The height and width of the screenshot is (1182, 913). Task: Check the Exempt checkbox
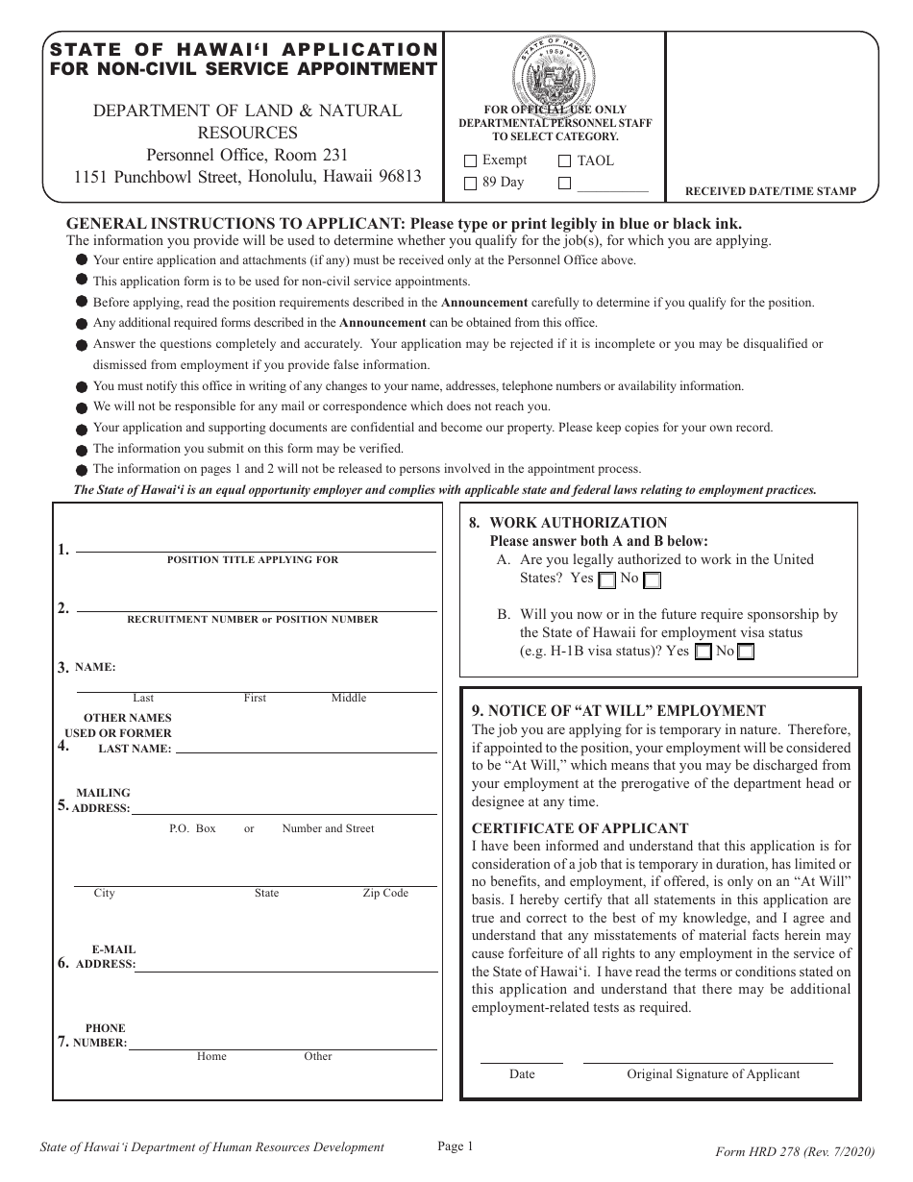point(470,161)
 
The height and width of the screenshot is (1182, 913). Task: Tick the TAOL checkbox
point(564,161)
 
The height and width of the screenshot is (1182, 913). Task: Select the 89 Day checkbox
point(470,183)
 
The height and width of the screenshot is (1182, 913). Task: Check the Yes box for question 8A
point(607,580)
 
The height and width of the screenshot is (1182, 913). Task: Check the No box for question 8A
point(652,580)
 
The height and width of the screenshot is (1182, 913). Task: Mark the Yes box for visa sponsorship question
point(703,653)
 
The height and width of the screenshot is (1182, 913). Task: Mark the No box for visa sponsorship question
point(746,653)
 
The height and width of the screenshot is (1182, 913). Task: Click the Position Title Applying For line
point(256,551)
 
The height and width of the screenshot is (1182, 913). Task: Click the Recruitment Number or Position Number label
point(253,620)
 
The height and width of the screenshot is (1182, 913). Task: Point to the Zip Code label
point(385,894)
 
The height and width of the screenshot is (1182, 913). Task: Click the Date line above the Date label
point(522,1062)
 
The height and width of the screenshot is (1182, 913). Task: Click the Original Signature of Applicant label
point(713,1074)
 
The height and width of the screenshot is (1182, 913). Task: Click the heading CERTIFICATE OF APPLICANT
point(580,828)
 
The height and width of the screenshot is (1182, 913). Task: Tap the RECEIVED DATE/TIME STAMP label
point(770,192)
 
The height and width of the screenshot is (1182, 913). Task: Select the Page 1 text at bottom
point(456,1145)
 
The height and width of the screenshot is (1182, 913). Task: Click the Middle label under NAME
point(349,698)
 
